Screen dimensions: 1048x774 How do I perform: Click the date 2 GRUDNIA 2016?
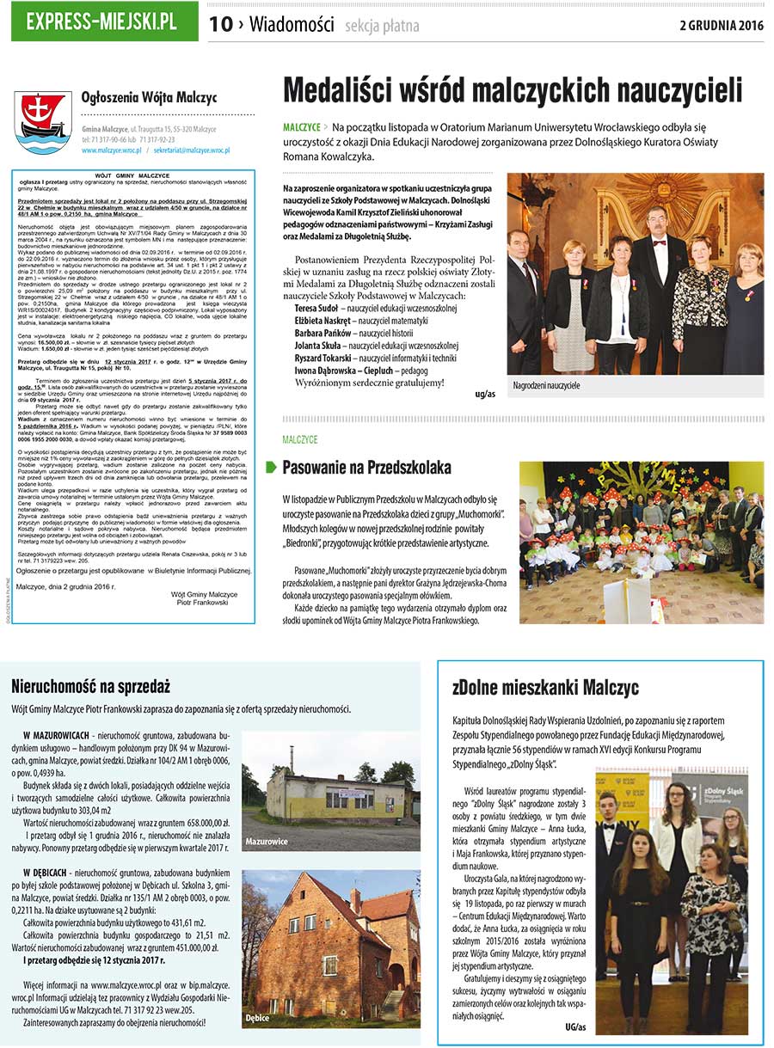click(x=721, y=25)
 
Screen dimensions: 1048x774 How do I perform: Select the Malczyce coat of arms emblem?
click(x=43, y=121)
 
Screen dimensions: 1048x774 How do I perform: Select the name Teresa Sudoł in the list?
click(x=316, y=308)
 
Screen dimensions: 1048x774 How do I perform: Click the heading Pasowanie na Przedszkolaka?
click(x=366, y=468)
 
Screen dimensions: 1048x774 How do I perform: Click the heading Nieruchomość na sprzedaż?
click(x=90, y=686)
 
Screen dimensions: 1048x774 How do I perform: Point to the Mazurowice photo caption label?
click(x=266, y=840)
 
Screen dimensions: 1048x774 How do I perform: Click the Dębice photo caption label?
click(x=257, y=1018)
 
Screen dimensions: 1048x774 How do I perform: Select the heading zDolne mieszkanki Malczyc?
click(x=545, y=688)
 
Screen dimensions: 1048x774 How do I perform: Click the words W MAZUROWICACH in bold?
click(x=56, y=737)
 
